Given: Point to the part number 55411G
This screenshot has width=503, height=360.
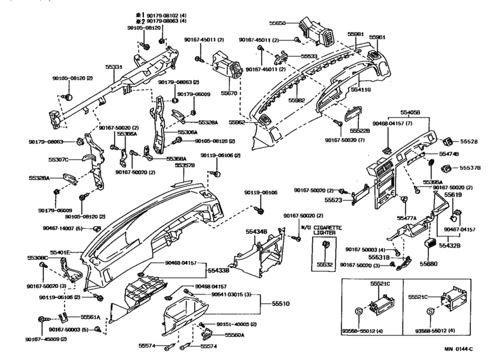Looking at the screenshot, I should click(x=360, y=90).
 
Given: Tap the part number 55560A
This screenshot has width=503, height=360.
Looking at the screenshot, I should click(x=234, y=335).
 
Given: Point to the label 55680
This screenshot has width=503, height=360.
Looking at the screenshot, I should click(x=428, y=264).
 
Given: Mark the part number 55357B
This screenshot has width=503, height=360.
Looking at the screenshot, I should click(x=185, y=165).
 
